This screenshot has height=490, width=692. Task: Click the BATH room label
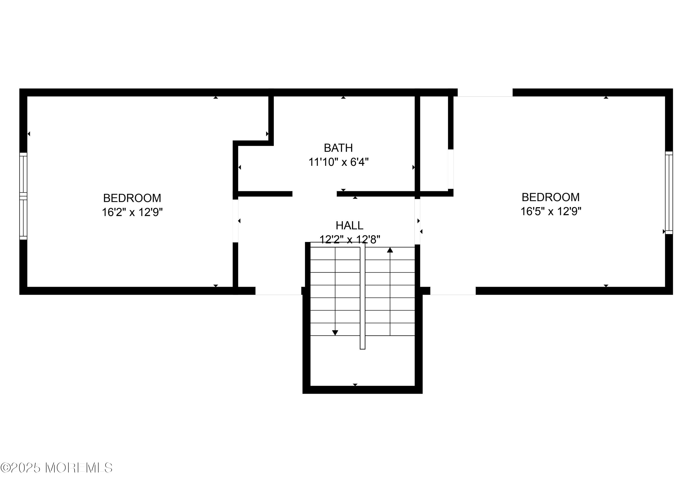coord(338,148)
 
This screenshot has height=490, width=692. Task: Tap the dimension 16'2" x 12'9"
coord(132,212)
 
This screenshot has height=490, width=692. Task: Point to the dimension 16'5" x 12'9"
coord(551,211)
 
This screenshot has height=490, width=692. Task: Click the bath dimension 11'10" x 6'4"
coord(338,162)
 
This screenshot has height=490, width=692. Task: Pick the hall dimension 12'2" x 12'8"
coord(350,239)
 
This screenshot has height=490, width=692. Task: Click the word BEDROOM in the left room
coord(132,198)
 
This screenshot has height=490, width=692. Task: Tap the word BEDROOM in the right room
coord(551,197)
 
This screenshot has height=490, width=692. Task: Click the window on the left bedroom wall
coord(23,196)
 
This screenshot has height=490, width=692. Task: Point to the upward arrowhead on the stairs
coord(390,250)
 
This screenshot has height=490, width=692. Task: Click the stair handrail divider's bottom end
coord(363,349)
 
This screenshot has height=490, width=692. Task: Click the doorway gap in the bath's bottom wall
coord(314,194)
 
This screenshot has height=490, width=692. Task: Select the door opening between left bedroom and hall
coord(235,221)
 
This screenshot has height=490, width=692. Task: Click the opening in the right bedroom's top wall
coord(485,92)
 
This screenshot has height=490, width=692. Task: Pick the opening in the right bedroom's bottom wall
coord(453,291)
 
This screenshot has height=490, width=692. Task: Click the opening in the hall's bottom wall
coord(278,291)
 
